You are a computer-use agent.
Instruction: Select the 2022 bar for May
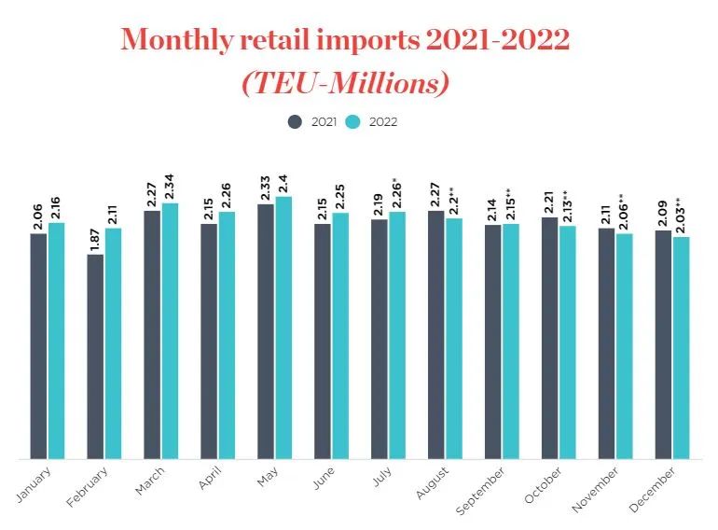[x=283, y=328]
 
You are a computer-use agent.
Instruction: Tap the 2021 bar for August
[x=435, y=335]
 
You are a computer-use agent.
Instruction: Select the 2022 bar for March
[x=170, y=331]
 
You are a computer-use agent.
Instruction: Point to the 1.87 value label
[x=95, y=234]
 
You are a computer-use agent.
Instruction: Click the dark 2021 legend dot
[x=295, y=121]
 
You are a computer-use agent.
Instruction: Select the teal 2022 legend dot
[x=352, y=121]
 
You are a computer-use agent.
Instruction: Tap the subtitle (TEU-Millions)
[x=345, y=83]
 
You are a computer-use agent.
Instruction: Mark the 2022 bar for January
[x=57, y=341]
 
